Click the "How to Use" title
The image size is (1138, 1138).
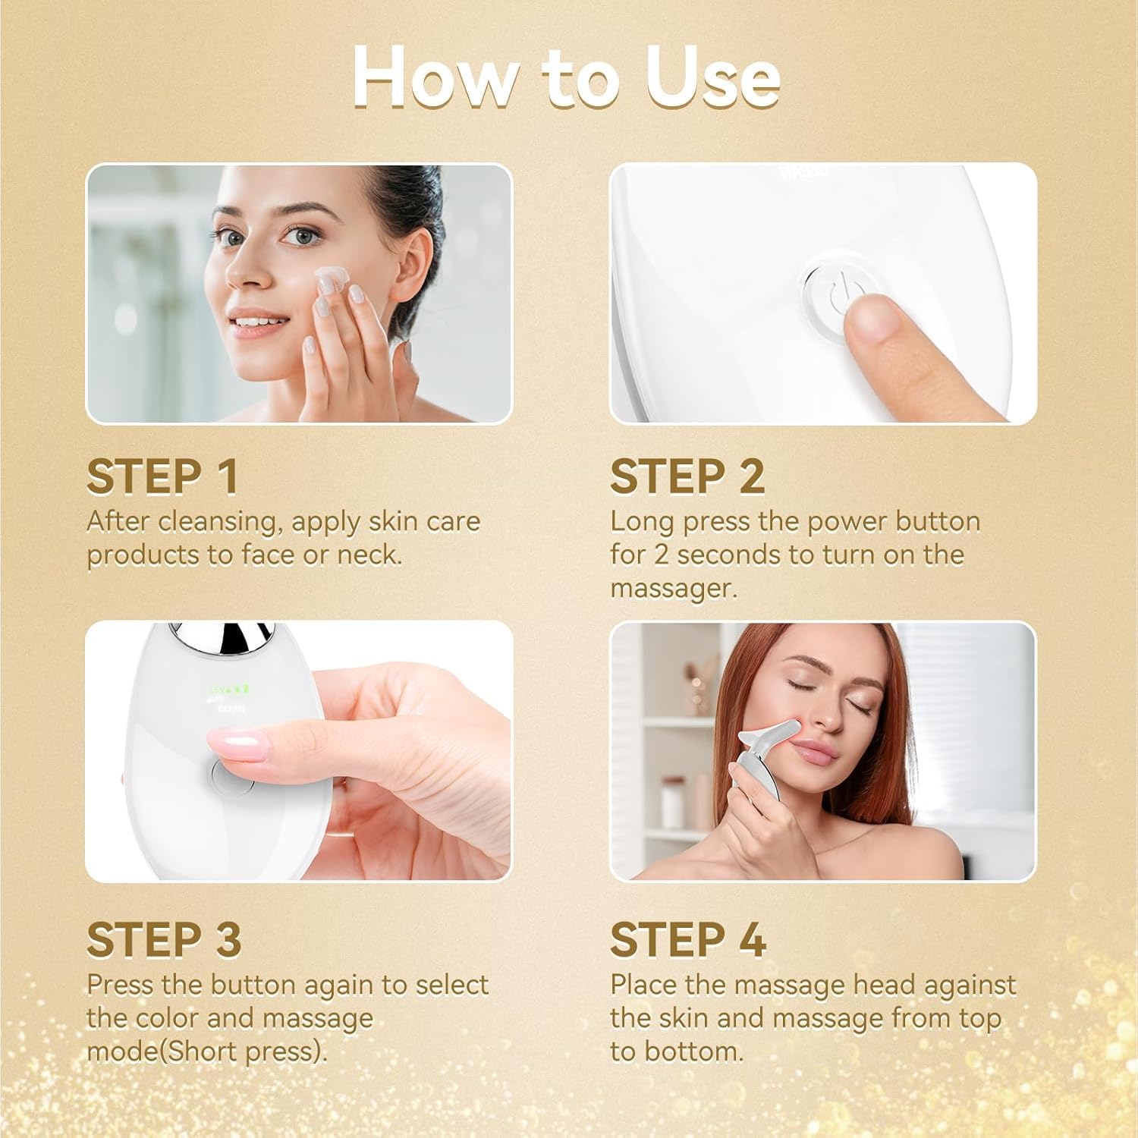pyautogui.click(x=566, y=78)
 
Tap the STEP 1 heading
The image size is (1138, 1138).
pyautogui.click(x=162, y=477)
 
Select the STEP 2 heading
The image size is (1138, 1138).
pyautogui.click(x=687, y=477)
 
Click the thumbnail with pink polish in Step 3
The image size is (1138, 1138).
pyautogui.click(x=243, y=740)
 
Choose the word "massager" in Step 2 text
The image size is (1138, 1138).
pyautogui.click(x=672, y=588)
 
